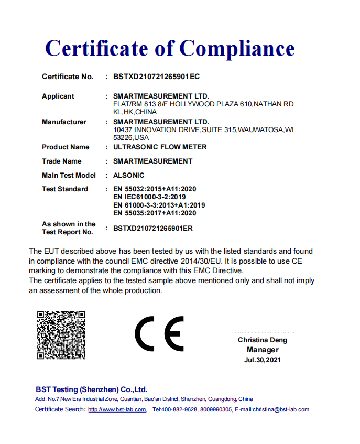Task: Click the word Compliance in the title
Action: click(237, 49)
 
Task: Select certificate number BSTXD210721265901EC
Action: click(156, 77)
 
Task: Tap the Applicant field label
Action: click(58, 96)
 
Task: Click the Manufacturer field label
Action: click(64, 122)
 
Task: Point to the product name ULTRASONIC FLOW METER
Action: click(160, 147)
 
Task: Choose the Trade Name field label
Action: click(61, 161)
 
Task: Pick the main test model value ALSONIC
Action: click(128, 175)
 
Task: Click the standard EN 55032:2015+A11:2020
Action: click(155, 189)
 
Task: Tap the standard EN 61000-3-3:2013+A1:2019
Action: click(159, 205)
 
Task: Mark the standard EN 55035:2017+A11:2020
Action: click(155, 213)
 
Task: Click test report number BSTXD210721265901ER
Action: click(156, 228)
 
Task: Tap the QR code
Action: click(61, 335)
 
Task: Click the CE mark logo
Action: click(159, 334)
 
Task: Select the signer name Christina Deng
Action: click(263, 340)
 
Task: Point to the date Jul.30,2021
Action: click(263, 360)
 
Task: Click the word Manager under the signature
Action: click(263, 350)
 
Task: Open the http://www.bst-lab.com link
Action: click(117, 409)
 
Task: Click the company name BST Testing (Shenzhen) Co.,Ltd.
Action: click(91, 389)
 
